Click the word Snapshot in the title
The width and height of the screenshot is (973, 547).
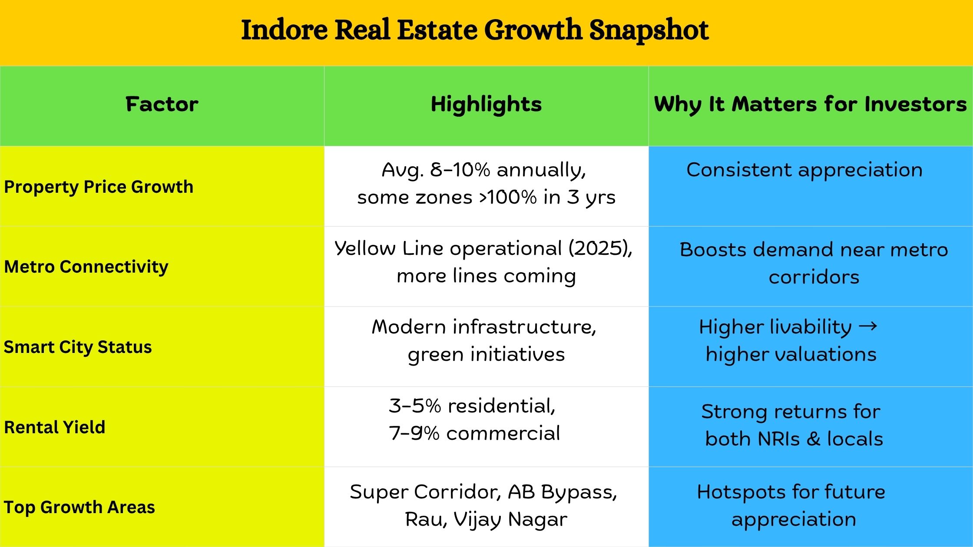(649, 30)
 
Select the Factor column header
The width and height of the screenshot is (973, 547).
(162, 104)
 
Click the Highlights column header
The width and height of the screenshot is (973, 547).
(486, 105)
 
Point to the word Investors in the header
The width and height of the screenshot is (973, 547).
(915, 104)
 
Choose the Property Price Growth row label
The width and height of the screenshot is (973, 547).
(99, 187)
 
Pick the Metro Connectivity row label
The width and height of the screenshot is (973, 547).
(86, 267)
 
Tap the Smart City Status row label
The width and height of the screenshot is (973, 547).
(78, 347)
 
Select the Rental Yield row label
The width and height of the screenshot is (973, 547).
(55, 427)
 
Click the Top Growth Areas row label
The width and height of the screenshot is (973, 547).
(79, 507)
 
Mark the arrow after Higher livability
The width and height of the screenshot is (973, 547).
(868, 326)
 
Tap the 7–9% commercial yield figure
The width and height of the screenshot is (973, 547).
(474, 433)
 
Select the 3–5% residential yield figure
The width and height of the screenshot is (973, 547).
(472, 406)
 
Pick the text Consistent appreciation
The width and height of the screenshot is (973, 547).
(804, 170)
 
